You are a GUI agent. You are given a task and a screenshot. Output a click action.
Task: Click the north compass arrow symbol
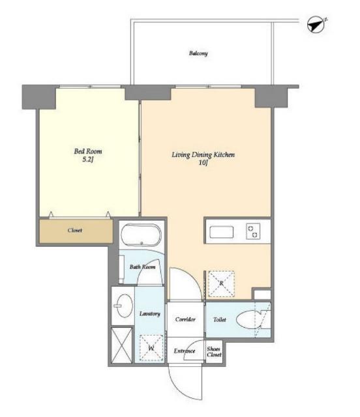[x=316, y=25]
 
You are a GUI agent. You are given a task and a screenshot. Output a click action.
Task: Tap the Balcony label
[x=198, y=53]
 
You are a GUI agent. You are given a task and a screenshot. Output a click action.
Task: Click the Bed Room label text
[x=88, y=151]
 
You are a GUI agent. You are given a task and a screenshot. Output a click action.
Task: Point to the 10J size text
[x=203, y=163]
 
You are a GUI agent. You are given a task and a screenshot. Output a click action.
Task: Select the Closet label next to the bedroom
[x=75, y=230]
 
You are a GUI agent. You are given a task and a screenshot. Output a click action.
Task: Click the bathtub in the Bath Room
[x=141, y=235]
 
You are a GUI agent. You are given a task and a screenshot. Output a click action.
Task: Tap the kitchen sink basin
[x=222, y=232]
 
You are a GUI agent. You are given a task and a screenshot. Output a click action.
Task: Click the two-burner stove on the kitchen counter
[x=253, y=231]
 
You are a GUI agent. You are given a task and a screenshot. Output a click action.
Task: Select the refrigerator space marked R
[x=221, y=284]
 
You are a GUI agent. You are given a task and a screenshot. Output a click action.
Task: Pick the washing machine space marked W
[x=151, y=348]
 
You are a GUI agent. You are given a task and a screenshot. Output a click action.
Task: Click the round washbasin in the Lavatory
[x=125, y=306]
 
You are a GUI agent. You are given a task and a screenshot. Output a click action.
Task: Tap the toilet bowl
[x=247, y=319]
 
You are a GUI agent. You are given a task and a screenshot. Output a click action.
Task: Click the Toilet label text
[x=220, y=320]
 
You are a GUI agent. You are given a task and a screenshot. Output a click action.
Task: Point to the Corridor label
[x=185, y=319]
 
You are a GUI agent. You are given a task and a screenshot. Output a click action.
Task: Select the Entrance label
[x=185, y=351]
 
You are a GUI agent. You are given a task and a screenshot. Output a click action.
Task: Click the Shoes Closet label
[x=214, y=352]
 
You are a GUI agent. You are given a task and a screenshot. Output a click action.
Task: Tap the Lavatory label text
[x=150, y=314]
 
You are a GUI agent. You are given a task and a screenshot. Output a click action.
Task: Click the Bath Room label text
[x=142, y=266]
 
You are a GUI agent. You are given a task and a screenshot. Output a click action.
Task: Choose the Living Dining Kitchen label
[x=203, y=155]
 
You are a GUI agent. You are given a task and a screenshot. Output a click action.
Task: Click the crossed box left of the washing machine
[x=122, y=345]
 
